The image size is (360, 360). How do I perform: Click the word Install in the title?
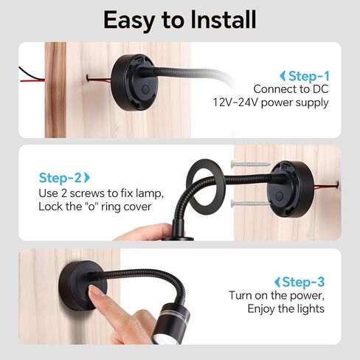pyautogui.click(x=224, y=19)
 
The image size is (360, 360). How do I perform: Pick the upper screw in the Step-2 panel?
pyautogui.click(x=250, y=164)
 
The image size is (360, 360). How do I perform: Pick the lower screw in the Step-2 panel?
pyautogui.click(x=250, y=204)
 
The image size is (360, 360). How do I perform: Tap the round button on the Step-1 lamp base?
pyautogui.click(x=145, y=89)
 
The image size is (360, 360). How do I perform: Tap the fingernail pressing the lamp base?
pyautogui.click(x=94, y=290)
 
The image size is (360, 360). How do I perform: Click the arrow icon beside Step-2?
pyautogui.click(x=87, y=178)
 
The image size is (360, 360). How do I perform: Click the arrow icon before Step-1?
pyautogui.click(x=283, y=76)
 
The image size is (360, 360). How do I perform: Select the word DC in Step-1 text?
pyautogui.click(x=320, y=89)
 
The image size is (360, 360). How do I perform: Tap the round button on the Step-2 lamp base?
pyautogui.click(x=279, y=196)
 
